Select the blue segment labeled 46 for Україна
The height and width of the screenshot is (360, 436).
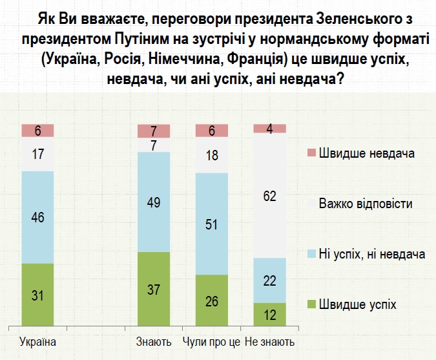tap(37, 217)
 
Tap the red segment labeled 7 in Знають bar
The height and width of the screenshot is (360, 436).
tap(154, 131)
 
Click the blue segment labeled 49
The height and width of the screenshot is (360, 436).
tap(154, 202)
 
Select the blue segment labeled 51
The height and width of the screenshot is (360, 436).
tap(212, 224)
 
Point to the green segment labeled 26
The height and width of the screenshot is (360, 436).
tap(212, 302)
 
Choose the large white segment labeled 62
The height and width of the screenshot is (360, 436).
tap(270, 195)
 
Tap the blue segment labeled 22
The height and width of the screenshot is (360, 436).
tap(270, 280)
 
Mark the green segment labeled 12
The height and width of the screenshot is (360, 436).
tap(270, 315)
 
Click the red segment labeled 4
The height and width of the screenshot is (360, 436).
tap(270, 128)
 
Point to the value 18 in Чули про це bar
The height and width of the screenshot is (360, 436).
tap(212, 156)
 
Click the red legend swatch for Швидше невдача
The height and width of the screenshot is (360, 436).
tap(311, 153)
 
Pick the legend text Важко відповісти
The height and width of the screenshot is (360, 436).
tap(366, 204)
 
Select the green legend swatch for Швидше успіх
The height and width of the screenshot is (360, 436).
tap(311, 304)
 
